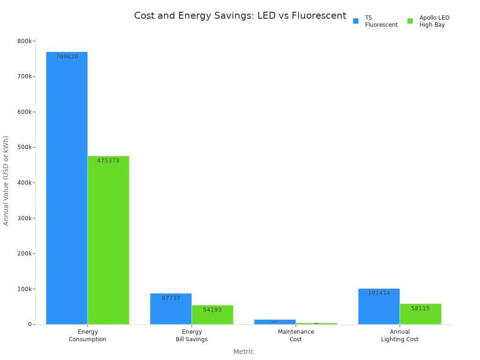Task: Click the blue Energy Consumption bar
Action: tap(67, 187)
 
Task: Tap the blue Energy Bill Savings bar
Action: tap(171, 309)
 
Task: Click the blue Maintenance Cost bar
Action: tap(275, 322)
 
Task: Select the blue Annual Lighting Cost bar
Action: tap(379, 307)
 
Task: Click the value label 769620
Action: tap(67, 57)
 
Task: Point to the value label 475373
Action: tap(108, 161)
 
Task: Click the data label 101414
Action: tap(379, 293)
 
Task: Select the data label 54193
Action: tap(212, 310)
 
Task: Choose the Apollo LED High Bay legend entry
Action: tap(429, 21)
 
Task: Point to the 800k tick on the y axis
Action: tap(24, 41)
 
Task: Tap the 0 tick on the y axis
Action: tap(30, 324)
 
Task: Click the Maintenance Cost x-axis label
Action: tap(296, 335)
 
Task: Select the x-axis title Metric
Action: tap(243, 352)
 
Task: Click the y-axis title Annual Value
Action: tap(6, 180)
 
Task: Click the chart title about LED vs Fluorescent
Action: tap(240, 15)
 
